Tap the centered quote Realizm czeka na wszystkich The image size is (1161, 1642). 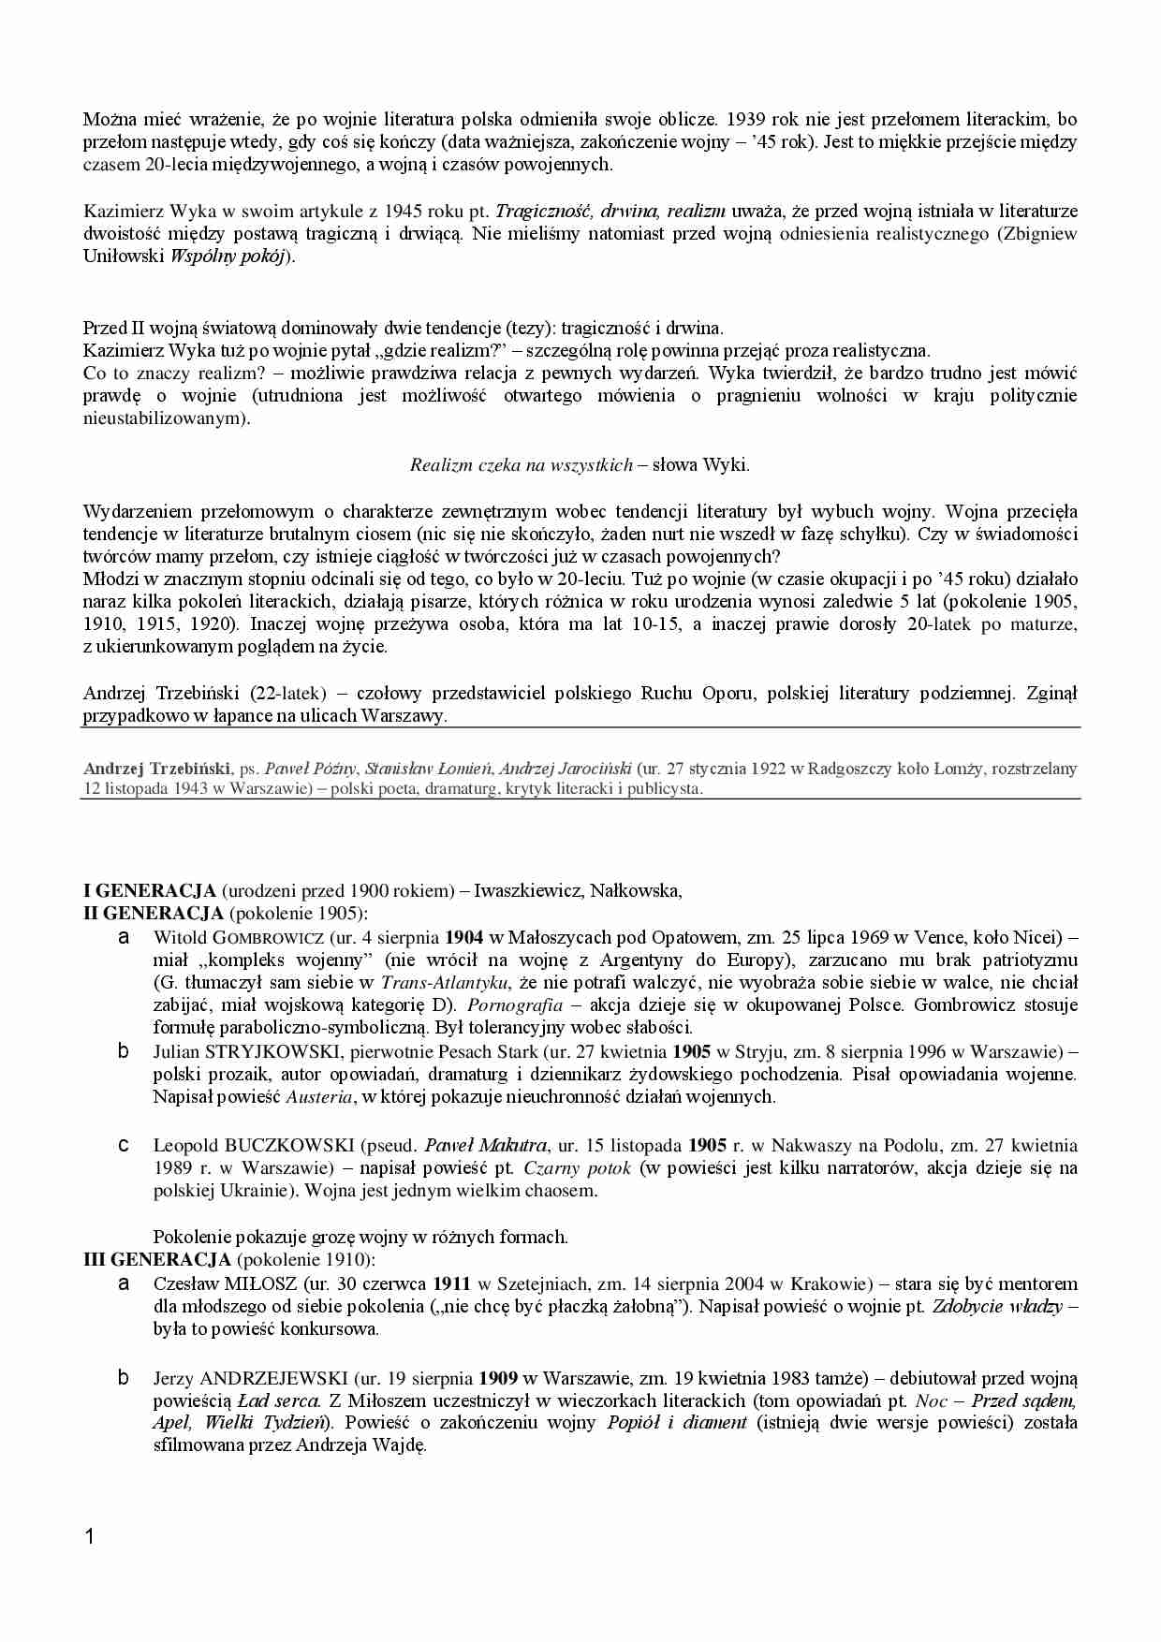(522, 464)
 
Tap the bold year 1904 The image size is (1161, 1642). (463, 937)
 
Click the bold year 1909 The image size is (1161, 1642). (498, 1378)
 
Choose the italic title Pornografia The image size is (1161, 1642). (515, 1004)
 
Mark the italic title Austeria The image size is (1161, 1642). (319, 1096)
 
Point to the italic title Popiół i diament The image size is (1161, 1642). (677, 1422)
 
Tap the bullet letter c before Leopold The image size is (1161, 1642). (123, 1145)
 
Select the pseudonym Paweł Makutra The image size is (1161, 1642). (485, 1145)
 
